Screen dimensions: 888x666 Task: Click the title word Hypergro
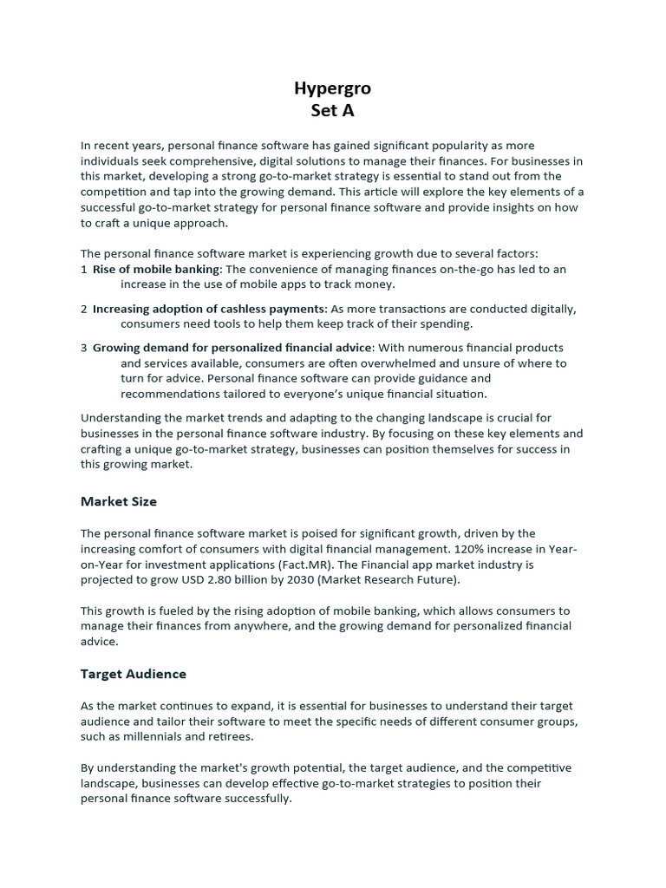point(333,89)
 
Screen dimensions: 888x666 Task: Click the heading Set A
point(333,111)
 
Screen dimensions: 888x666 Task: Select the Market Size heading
point(119,501)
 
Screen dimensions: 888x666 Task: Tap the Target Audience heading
point(134,673)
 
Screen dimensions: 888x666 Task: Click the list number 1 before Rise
point(84,270)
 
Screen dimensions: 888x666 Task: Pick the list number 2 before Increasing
point(84,309)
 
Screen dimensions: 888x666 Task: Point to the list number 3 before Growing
point(84,348)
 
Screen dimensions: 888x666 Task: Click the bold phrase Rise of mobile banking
point(156,270)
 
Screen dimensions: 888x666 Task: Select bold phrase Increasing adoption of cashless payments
point(209,309)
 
